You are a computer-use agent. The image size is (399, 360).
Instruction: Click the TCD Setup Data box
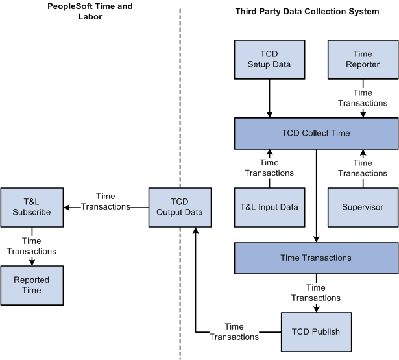coord(269,59)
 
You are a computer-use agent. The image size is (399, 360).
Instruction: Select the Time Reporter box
coord(363,59)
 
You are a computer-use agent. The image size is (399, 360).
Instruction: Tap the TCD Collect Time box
coord(315,133)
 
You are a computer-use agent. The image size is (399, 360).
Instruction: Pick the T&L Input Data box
coord(269,208)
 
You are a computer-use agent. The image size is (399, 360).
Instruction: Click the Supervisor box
coord(363,208)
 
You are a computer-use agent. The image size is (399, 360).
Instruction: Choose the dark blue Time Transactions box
coord(315,258)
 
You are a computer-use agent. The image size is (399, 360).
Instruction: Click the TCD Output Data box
coord(180,208)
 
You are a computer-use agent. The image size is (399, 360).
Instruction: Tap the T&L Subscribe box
coord(32,208)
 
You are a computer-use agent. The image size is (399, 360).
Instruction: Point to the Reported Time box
coord(32,285)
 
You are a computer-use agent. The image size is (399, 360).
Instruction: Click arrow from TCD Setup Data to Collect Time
coord(269,98)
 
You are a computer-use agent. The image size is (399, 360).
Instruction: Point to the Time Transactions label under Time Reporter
coord(363,98)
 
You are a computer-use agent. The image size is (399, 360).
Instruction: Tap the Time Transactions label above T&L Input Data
coord(269,168)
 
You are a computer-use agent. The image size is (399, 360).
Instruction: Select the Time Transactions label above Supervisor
coord(363,168)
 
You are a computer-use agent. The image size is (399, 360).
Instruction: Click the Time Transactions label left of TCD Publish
coord(234,331)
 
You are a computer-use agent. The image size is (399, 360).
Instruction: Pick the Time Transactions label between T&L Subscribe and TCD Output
coord(106,201)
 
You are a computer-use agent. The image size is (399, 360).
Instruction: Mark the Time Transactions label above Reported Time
coord(32,246)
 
